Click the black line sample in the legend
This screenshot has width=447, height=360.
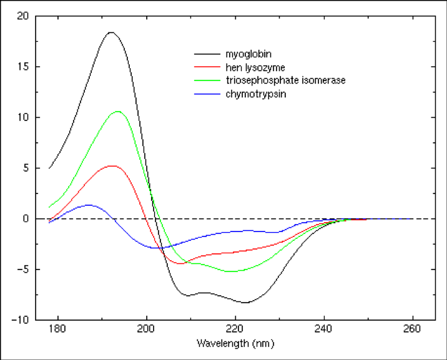tap(205, 54)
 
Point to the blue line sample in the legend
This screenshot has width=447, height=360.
tap(205, 94)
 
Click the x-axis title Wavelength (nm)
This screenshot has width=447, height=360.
tap(235, 343)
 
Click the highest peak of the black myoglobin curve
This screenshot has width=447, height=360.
tap(111, 32)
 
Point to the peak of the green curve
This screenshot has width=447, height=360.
tap(117, 111)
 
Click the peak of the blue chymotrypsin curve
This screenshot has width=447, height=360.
tap(89, 205)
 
